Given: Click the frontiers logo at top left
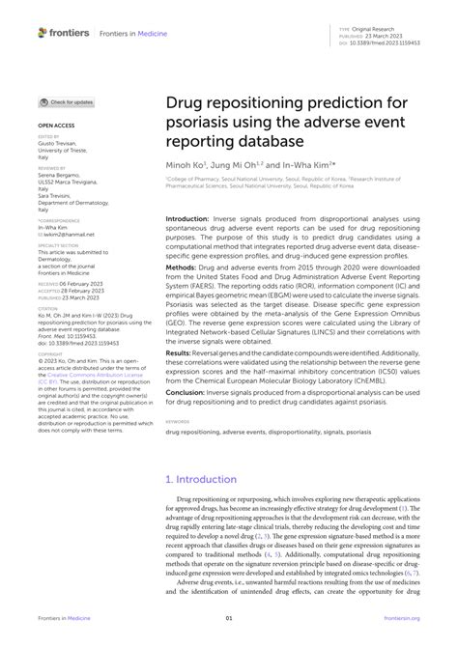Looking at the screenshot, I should click(x=64, y=32).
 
